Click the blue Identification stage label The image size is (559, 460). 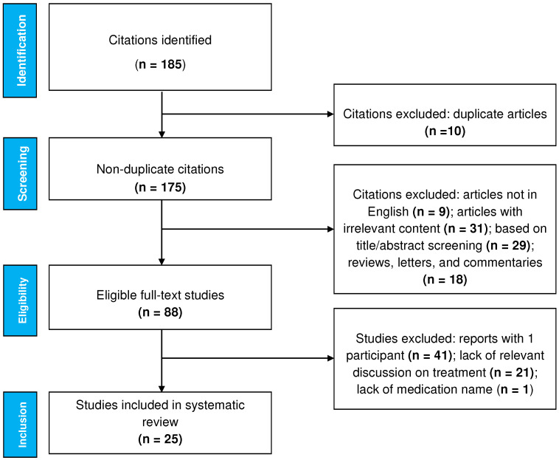[x=20, y=50]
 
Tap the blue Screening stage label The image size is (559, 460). [x=20, y=174]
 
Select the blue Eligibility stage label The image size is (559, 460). [x=20, y=301]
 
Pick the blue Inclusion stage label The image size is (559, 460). [x=20, y=425]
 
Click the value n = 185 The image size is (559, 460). [x=160, y=64]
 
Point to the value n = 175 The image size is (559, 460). [x=160, y=188]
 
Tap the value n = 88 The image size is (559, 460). [x=160, y=312]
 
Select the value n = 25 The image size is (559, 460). [x=160, y=439]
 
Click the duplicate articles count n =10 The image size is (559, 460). [x=445, y=131]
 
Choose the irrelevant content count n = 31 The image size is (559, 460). [x=465, y=228]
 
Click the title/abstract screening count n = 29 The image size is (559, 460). [x=508, y=246]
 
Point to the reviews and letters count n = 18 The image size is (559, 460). [x=445, y=279]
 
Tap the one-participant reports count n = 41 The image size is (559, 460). [x=430, y=355]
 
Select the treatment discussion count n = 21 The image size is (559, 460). [x=512, y=373]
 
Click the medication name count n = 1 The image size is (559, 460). [x=515, y=389]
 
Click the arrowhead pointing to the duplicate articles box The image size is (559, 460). [x=330, y=114]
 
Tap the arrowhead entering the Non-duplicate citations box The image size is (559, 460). [x=162, y=134]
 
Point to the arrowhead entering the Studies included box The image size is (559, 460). [x=162, y=388]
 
